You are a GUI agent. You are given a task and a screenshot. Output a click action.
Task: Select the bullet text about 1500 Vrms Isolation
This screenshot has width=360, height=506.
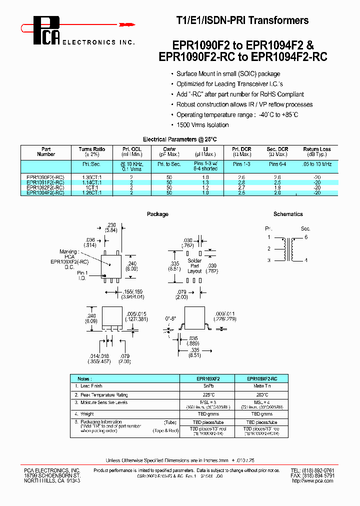click(202, 125)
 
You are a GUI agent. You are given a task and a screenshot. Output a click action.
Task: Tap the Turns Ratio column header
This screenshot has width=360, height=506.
click(92, 151)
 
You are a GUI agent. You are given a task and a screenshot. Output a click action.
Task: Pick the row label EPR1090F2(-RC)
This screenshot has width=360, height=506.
click(45, 177)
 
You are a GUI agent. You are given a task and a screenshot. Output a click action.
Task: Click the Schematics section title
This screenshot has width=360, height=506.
click(288, 214)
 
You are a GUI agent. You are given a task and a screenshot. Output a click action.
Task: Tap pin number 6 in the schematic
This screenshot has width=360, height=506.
click(306, 237)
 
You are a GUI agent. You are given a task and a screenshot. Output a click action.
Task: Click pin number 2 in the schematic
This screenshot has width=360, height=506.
click(268, 248)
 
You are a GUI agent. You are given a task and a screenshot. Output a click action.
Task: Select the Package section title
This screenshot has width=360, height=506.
click(157, 214)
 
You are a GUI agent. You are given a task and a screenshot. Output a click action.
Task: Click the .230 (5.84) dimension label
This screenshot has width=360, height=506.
click(111, 227)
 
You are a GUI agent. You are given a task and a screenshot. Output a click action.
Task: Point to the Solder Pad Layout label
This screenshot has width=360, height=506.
click(194, 266)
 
